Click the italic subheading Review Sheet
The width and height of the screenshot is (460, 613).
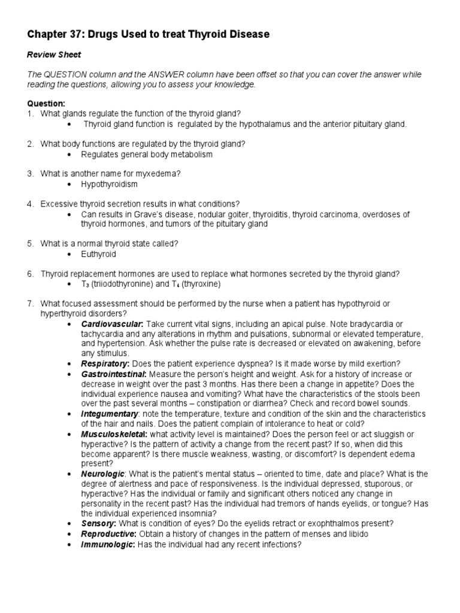[x=54, y=54]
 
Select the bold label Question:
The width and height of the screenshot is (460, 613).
[x=46, y=104]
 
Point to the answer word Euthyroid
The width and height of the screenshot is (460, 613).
[x=99, y=254]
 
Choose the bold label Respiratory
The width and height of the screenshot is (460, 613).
[x=105, y=363]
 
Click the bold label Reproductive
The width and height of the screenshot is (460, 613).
[x=108, y=533]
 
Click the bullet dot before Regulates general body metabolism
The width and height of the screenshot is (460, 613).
[x=70, y=154]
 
